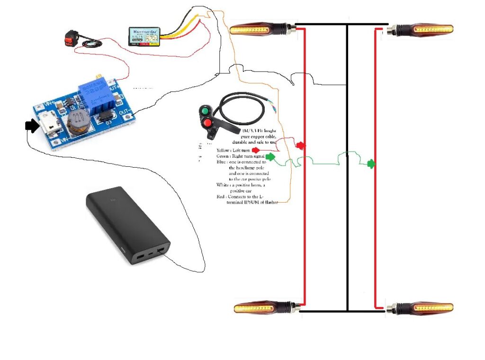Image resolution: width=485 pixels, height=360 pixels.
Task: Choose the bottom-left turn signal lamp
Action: click(263, 308)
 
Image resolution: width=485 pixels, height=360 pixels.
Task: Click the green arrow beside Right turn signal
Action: click(270, 157)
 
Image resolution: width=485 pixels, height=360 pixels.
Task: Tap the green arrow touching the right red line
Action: click(371, 164)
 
